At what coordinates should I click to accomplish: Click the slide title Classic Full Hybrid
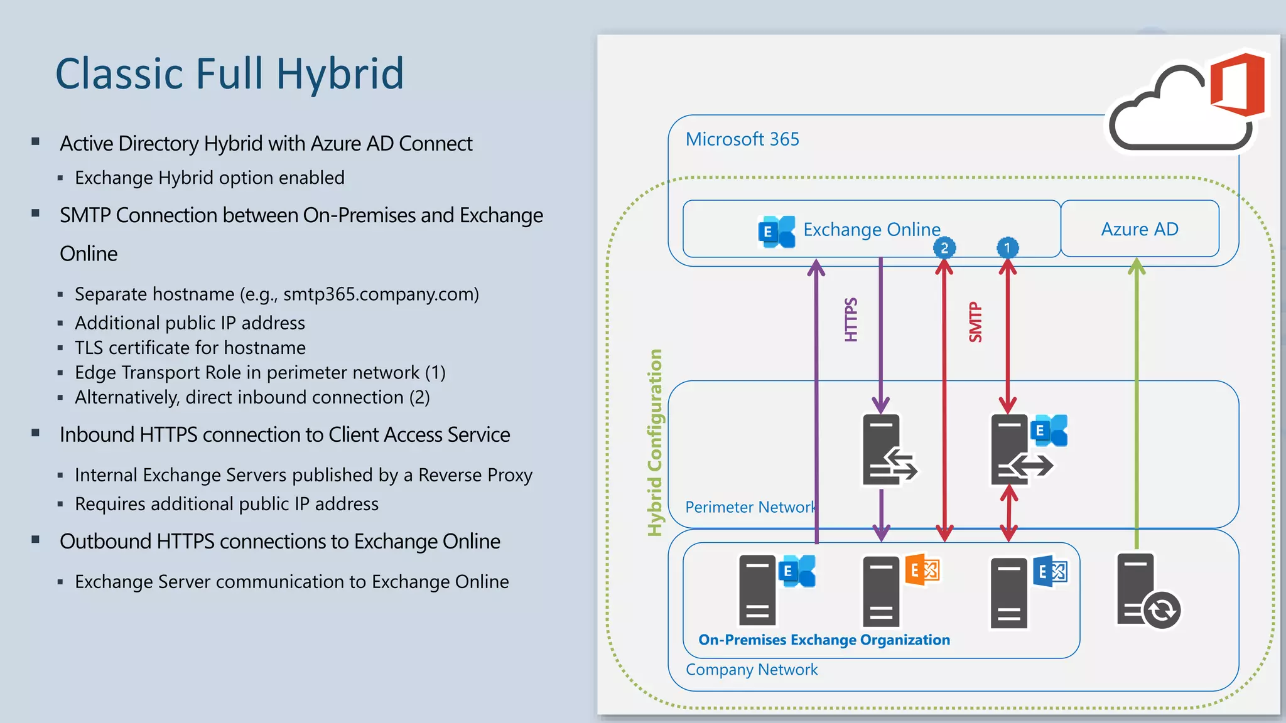tap(229, 74)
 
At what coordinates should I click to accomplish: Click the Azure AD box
tap(1139, 229)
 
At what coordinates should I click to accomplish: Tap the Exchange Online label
tap(872, 230)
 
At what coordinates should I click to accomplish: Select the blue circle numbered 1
tap(1007, 248)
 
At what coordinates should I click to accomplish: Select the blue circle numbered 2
tap(944, 248)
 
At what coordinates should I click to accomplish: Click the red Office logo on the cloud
tap(1237, 85)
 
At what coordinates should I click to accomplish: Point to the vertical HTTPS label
tap(851, 319)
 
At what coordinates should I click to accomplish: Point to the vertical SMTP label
tap(975, 322)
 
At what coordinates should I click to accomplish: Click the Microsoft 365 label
tap(742, 139)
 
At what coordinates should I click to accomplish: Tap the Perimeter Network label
tap(750, 507)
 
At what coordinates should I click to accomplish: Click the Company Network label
tap(752, 670)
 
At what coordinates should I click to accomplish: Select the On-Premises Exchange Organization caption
tap(824, 640)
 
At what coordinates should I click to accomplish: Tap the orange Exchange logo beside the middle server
tap(922, 570)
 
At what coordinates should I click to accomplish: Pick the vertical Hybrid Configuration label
tap(655, 442)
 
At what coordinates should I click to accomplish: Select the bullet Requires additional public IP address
tap(227, 504)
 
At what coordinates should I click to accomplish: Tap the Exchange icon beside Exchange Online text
tap(776, 232)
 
